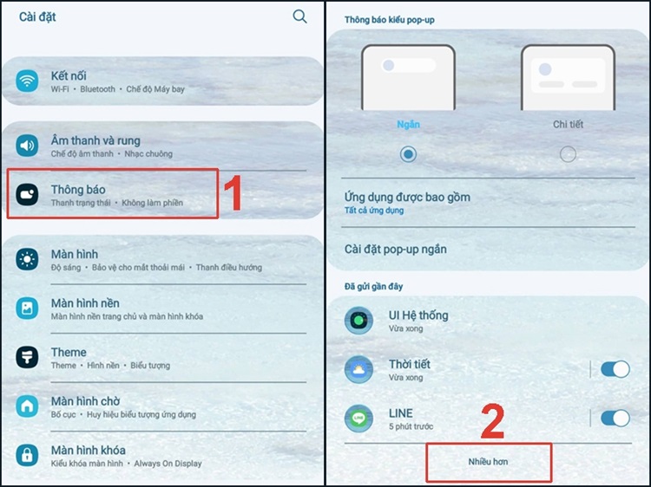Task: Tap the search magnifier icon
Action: (x=299, y=16)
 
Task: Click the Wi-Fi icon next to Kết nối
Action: (x=27, y=81)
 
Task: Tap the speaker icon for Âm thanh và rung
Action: (x=27, y=146)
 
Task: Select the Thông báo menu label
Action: (x=78, y=190)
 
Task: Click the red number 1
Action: (x=233, y=192)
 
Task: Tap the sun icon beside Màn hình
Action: (x=27, y=259)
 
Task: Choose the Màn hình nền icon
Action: (x=27, y=308)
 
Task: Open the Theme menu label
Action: (x=69, y=353)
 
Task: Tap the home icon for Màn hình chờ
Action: (x=27, y=406)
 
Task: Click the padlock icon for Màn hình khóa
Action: (x=27, y=455)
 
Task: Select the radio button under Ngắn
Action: (x=408, y=154)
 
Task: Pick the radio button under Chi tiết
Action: (x=568, y=154)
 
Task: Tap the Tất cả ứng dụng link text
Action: (x=374, y=211)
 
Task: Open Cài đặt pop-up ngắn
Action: (x=396, y=249)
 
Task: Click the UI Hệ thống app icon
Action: (x=358, y=321)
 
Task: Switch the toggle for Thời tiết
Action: (x=615, y=369)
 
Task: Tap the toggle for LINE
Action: (x=615, y=419)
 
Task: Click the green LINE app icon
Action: (x=358, y=419)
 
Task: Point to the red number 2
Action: (x=493, y=420)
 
